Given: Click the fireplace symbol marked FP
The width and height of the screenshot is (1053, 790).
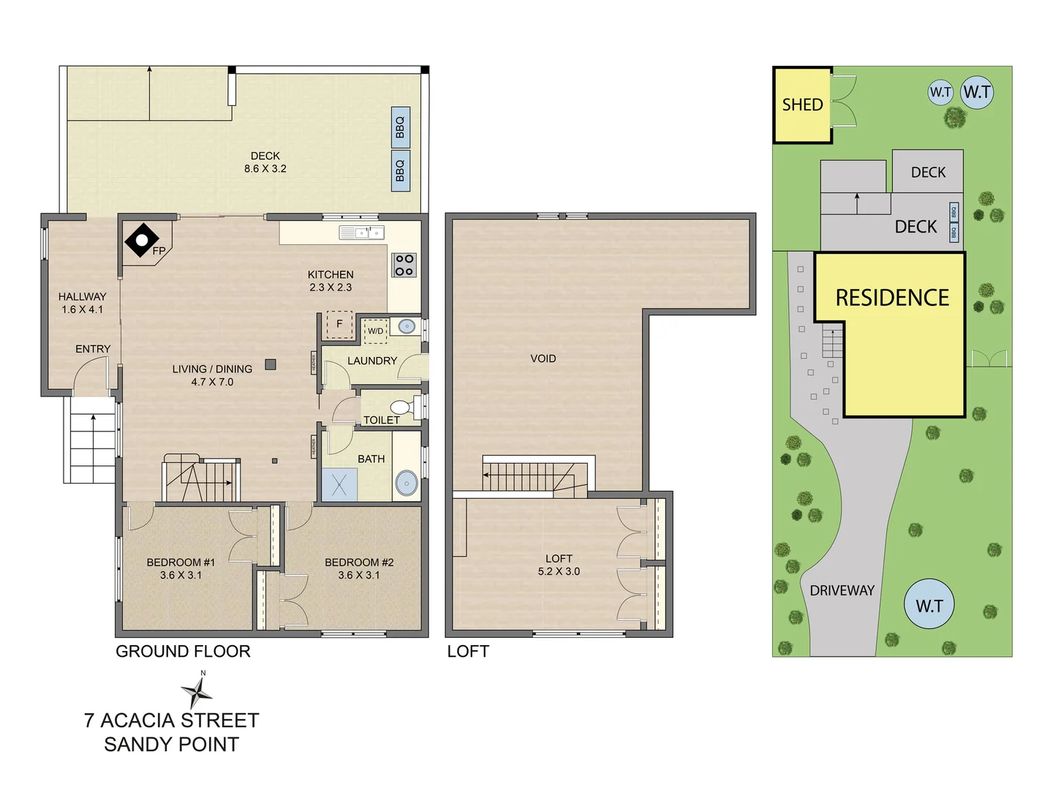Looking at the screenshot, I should (x=143, y=241).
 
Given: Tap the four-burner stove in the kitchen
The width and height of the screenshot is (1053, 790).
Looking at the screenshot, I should (x=404, y=265).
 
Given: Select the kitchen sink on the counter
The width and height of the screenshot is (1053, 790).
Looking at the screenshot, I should (x=362, y=233).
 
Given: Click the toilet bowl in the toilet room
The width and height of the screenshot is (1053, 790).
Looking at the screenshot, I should (x=401, y=407).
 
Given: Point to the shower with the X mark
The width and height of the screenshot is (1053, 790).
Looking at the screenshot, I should (x=339, y=485).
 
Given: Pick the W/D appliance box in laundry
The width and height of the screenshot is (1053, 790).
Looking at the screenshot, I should (x=375, y=331).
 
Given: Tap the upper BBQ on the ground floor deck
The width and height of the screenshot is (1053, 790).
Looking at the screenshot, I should (x=400, y=127).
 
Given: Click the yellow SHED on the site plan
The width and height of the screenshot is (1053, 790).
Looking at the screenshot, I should (x=802, y=105).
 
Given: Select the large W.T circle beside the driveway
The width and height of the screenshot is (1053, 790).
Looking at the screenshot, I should (x=929, y=605).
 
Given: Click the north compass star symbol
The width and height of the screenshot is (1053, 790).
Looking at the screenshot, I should (x=197, y=691).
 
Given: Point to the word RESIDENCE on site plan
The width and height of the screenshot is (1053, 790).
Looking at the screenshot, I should (x=892, y=298).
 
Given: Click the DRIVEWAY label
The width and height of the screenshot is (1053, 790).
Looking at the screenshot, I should (x=842, y=590).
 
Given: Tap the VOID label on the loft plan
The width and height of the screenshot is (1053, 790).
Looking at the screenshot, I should (x=543, y=358).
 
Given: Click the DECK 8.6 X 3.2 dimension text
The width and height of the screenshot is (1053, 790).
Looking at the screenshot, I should (x=265, y=168).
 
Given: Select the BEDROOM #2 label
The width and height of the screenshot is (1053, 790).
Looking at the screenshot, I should (x=359, y=563).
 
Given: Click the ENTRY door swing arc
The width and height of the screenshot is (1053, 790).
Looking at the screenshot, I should (x=91, y=375).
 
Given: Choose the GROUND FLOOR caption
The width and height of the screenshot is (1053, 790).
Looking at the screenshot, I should (x=183, y=651).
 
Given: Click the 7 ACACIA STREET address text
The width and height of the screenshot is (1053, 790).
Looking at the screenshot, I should (x=172, y=721).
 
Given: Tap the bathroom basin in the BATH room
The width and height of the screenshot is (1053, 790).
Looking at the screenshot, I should (x=407, y=483).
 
